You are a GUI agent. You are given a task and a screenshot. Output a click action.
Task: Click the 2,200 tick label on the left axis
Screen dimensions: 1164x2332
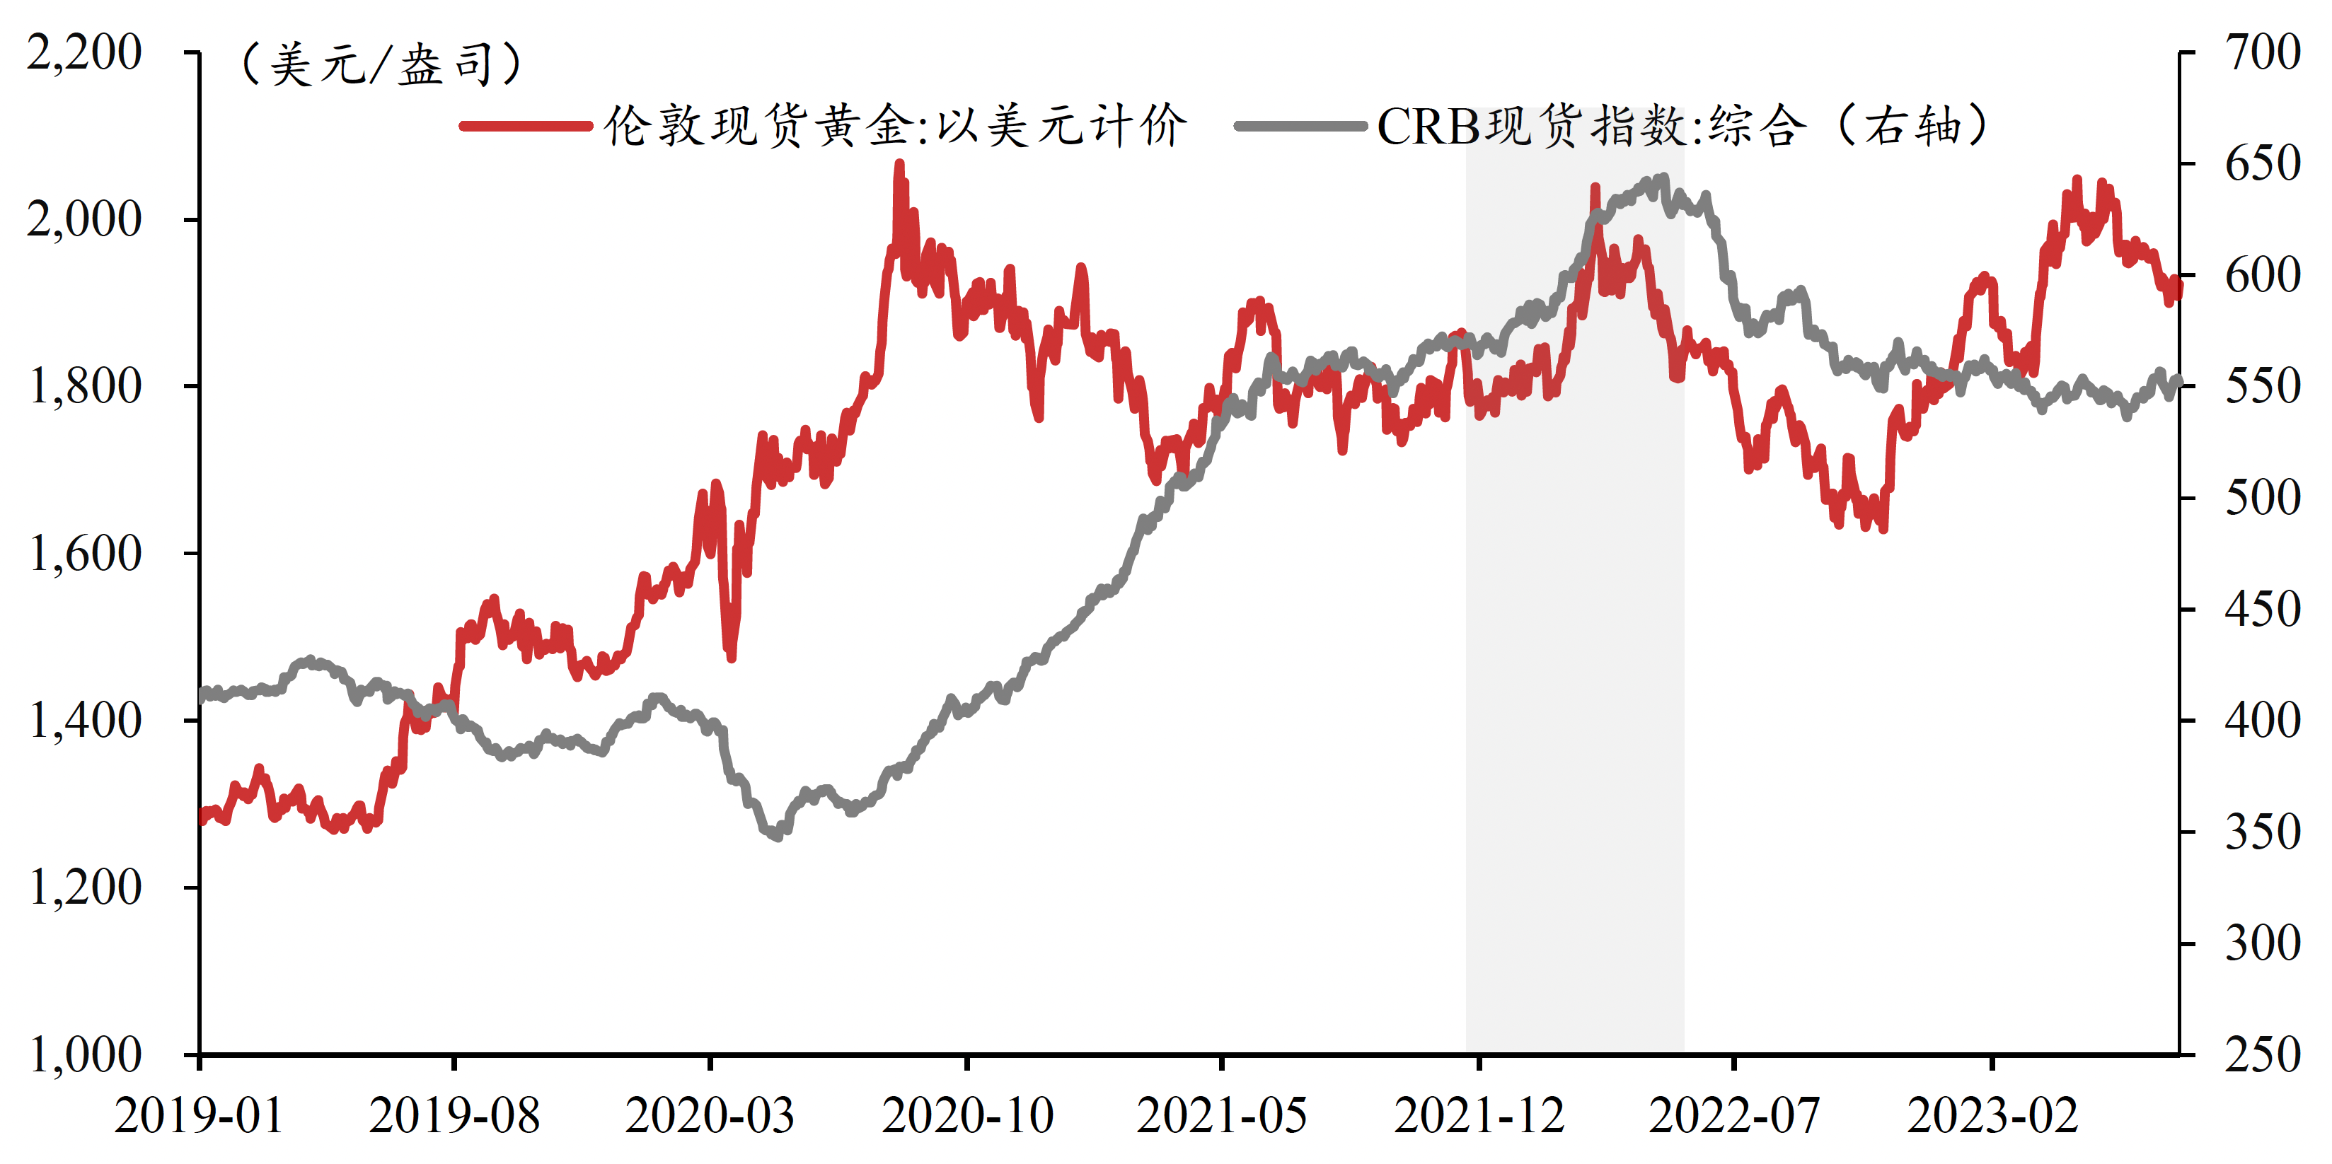pos(83,52)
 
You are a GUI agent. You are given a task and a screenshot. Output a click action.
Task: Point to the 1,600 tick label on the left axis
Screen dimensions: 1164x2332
pos(85,553)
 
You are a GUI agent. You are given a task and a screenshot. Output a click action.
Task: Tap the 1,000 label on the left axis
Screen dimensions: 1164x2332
pos(85,1054)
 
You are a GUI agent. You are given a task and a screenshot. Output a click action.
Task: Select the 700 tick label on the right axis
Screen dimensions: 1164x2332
pos(2262,52)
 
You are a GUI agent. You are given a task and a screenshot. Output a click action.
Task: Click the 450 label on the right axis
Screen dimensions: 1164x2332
pos(2262,609)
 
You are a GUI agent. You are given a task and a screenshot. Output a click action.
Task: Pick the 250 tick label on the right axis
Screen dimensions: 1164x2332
pos(2262,1054)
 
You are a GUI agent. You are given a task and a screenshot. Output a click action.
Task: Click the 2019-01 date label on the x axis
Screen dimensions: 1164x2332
pos(198,1115)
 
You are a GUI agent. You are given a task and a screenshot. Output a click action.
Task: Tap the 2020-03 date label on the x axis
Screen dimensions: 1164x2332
pos(710,1115)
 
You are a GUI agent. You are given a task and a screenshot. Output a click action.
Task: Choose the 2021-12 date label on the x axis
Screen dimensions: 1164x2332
pos(1478,1115)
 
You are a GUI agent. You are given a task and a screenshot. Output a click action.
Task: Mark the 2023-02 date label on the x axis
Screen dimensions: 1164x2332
pos(1992,1115)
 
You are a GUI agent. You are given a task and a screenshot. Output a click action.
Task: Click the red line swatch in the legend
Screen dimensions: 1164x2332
pos(526,126)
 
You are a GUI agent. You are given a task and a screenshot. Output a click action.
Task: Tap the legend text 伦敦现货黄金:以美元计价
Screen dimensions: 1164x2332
pos(894,126)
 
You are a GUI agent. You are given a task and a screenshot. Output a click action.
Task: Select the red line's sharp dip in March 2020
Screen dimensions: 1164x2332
pos(731,657)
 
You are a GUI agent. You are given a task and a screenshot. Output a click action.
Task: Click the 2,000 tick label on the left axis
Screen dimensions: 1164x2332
pos(85,219)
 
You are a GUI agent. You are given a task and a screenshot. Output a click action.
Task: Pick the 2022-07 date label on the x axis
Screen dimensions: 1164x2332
pos(1733,1115)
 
